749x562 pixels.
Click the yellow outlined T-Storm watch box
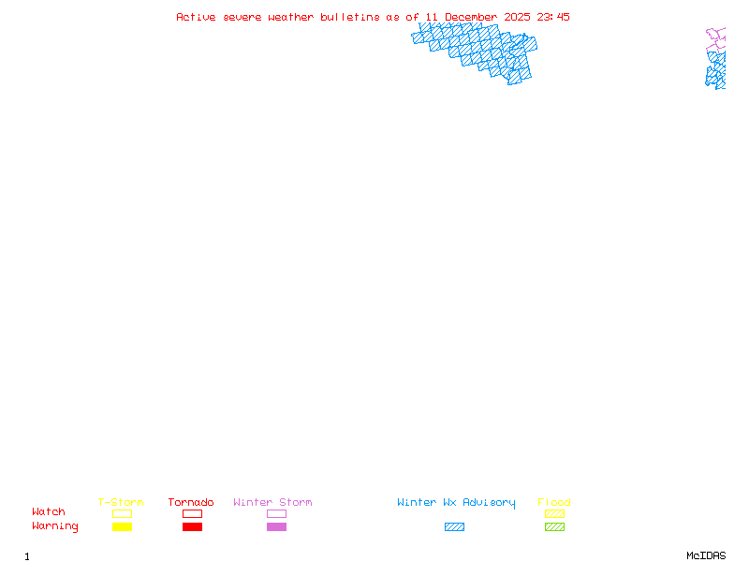pos(122,513)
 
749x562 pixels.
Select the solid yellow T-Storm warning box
pos(122,526)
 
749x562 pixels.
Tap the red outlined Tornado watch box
pos(192,513)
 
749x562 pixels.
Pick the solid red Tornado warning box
pos(192,526)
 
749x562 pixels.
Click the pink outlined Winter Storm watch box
pos(276,513)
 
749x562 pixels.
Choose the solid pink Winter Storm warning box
pos(276,526)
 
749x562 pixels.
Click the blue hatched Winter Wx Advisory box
pos(454,526)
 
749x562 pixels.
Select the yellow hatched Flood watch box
pos(554,513)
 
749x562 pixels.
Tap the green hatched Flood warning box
pos(554,526)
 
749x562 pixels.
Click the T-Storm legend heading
pos(121,502)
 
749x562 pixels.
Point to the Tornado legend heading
pos(191,502)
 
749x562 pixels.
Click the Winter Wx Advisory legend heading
pos(456,502)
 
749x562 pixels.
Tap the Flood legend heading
pos(554,502)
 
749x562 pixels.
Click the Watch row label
pos(49,512)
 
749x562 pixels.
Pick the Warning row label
pos(55,526)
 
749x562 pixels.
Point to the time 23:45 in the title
pos(553,17)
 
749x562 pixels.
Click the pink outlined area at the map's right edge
pos(716,38)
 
